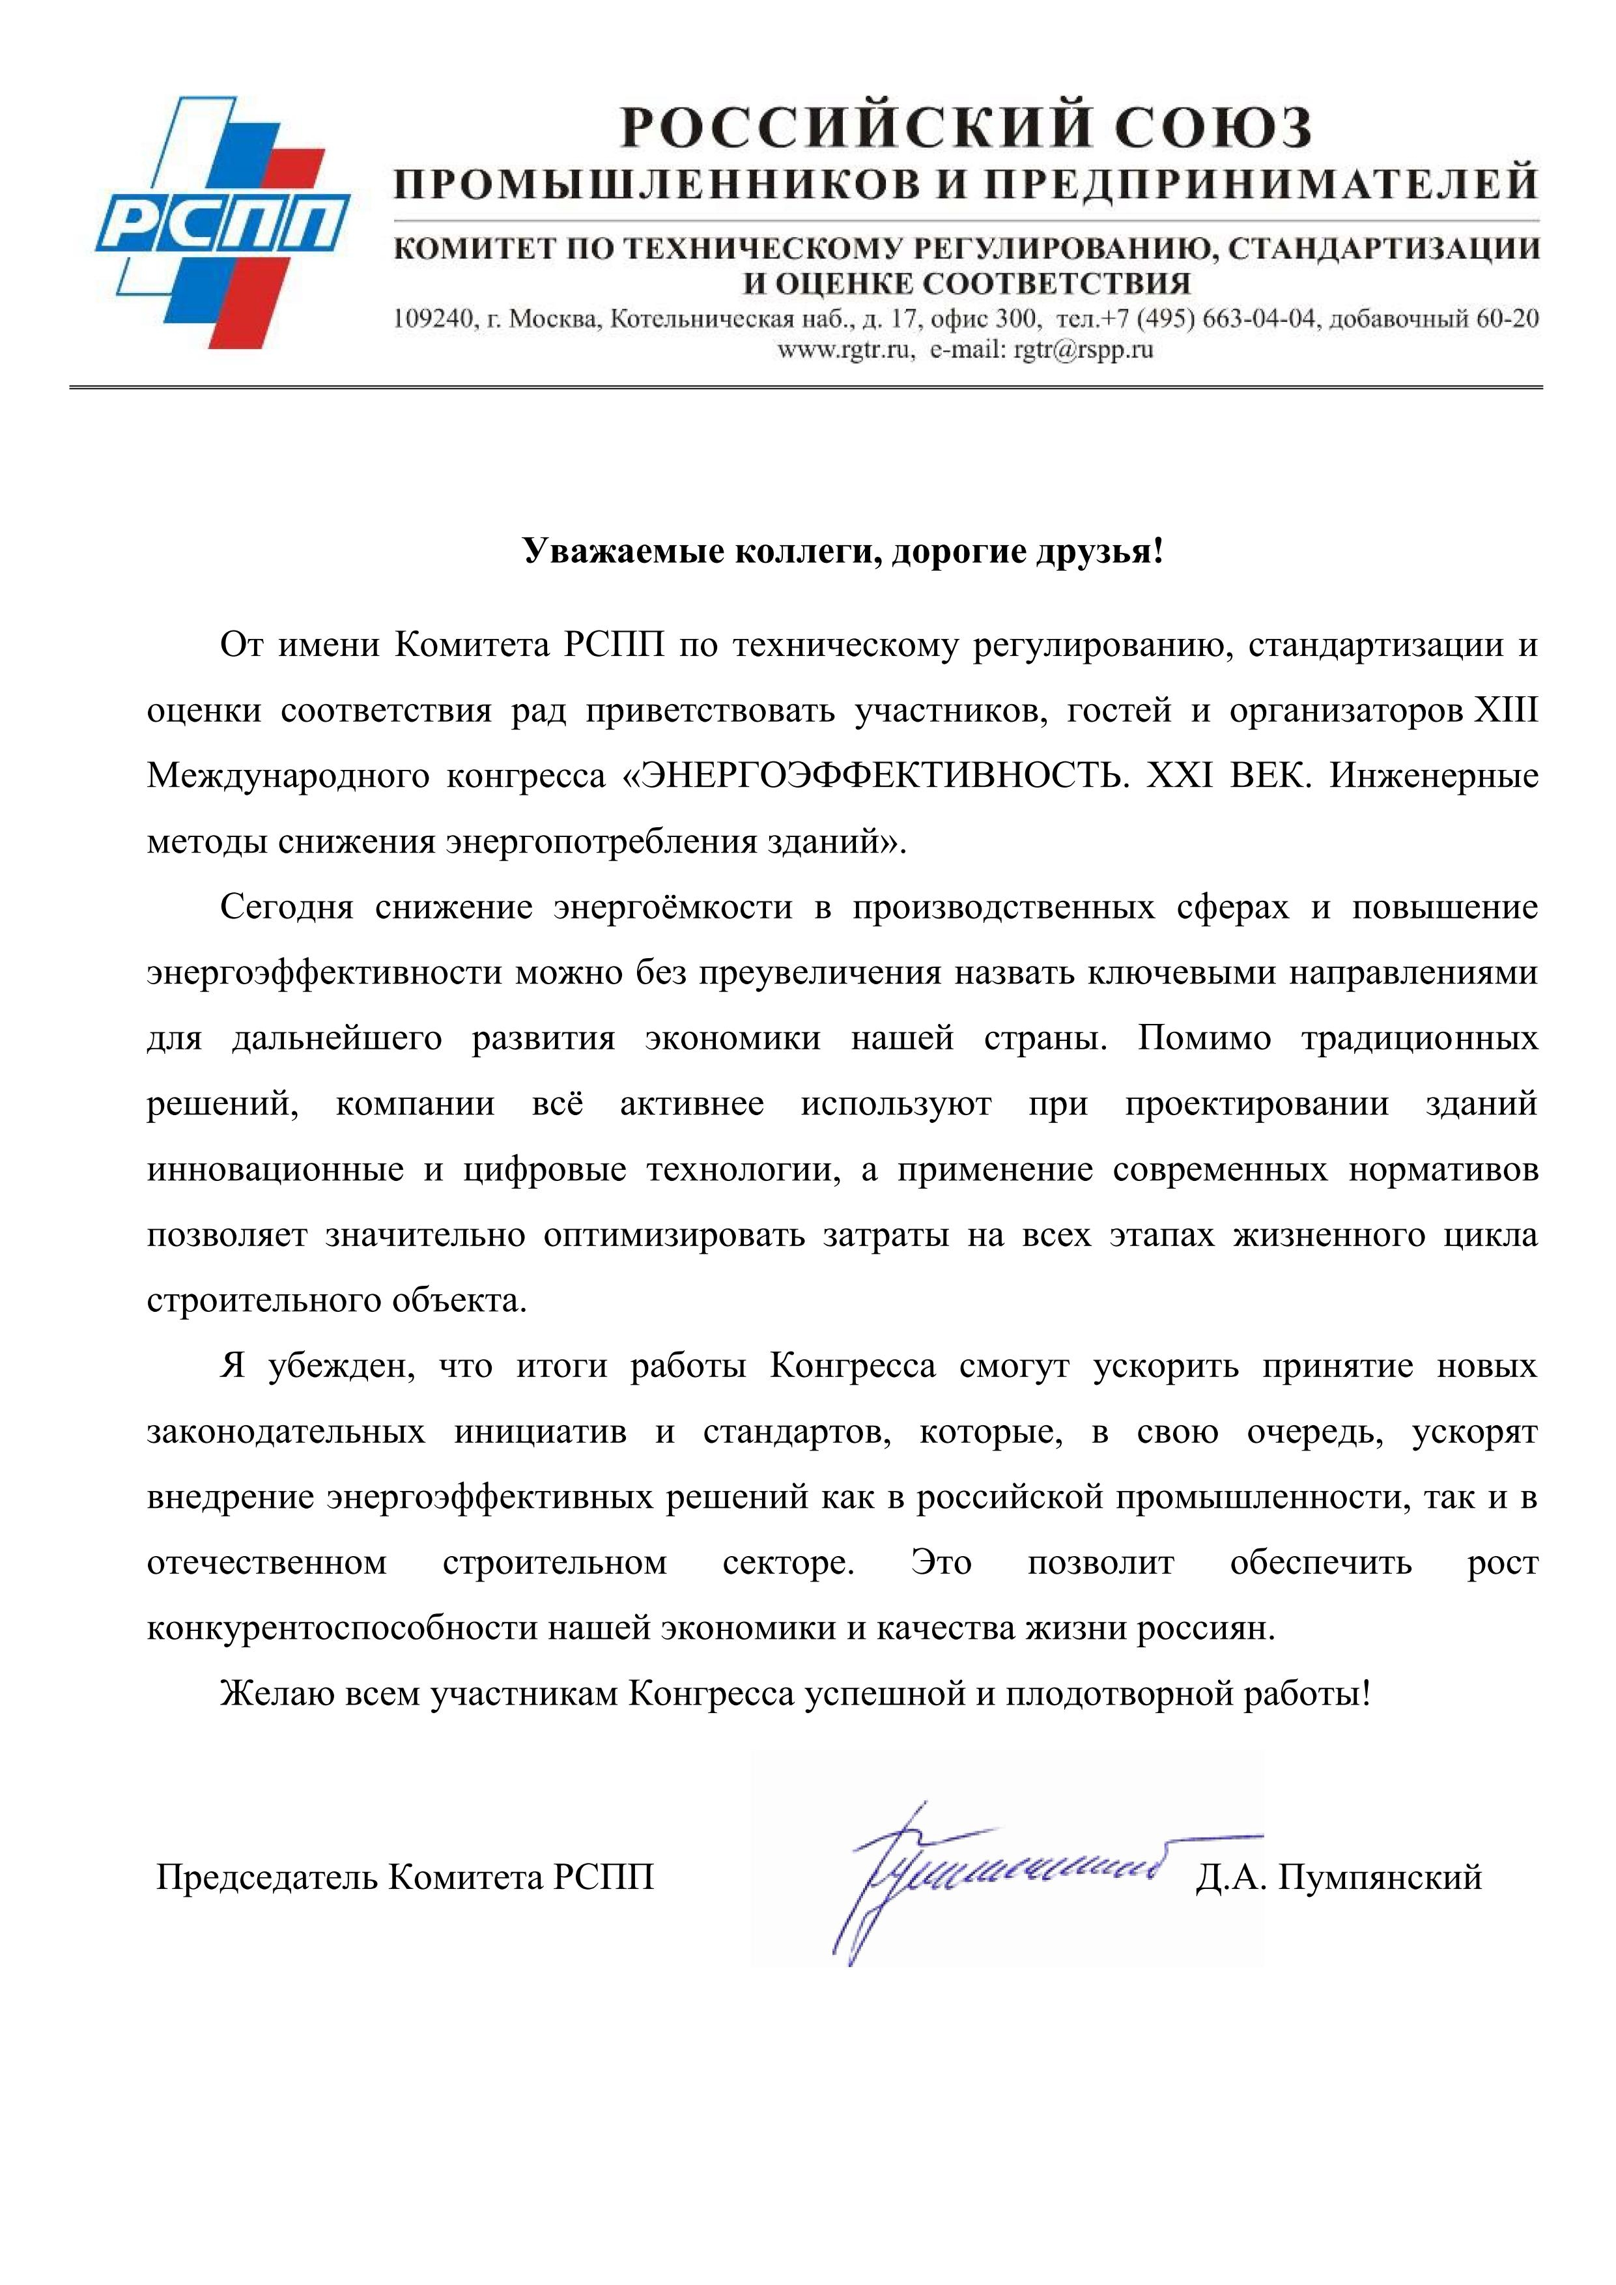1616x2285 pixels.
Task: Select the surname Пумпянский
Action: tap(1380, 1878)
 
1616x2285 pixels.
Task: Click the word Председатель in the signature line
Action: tap(268, 1878)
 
